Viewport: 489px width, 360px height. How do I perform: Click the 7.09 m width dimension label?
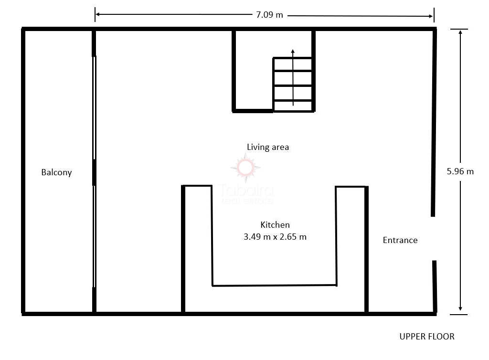click(269, 15)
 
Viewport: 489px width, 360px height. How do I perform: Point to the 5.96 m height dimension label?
click(460, 171)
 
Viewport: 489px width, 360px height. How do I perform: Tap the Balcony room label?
click(56, 172)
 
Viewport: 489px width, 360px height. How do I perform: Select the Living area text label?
click(268, 147)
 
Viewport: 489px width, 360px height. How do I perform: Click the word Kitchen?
click(275, 225)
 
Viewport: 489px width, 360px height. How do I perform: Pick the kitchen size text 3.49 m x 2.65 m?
click(275, 237)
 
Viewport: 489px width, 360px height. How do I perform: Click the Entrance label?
click(400, 240)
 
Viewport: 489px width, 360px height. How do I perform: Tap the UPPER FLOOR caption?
click(427, 337)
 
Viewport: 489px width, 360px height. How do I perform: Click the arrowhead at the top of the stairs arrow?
click(293, 52)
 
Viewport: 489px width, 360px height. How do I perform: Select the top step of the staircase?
click(293, 64)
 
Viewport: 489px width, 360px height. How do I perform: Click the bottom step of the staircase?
click(293, 106)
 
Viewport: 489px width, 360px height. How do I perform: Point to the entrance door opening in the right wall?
click(434, 238)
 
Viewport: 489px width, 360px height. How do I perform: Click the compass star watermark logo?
click(245, 168)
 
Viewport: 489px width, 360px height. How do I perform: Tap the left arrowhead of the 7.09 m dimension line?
click(97, 14)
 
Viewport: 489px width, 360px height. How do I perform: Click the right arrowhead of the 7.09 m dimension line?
click(431, 16)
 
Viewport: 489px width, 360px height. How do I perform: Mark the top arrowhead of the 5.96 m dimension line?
click(460, 32)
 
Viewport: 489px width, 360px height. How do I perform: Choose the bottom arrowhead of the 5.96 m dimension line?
click(460, 308)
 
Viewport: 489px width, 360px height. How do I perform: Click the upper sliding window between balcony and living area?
click(94, 108)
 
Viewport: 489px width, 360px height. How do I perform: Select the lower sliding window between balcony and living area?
click(94, 236)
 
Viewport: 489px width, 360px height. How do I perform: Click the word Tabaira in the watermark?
click(246, 190)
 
